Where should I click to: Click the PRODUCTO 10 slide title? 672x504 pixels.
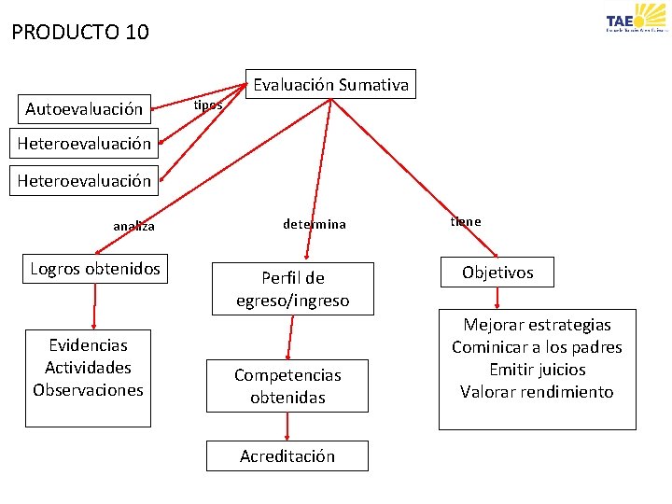80,33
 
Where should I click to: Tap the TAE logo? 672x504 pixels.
636,21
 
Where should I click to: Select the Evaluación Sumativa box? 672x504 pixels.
331,85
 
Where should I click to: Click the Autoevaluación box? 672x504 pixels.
84,109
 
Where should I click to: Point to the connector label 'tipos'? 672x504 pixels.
207,105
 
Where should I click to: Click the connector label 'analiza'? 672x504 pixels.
134,226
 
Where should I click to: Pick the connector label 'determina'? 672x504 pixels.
315,224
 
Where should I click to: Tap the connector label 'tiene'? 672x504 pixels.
466,221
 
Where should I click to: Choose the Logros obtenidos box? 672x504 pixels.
95,269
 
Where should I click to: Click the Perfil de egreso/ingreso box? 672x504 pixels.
292,289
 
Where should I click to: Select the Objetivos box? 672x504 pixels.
497,273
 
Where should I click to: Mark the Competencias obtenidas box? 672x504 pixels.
287,385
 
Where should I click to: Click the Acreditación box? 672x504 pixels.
287,456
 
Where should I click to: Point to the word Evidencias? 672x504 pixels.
88,345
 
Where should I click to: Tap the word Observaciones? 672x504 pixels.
88,390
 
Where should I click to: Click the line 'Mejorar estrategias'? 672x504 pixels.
537,325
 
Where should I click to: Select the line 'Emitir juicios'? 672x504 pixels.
537,370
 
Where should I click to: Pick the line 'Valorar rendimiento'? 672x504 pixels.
537,392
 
